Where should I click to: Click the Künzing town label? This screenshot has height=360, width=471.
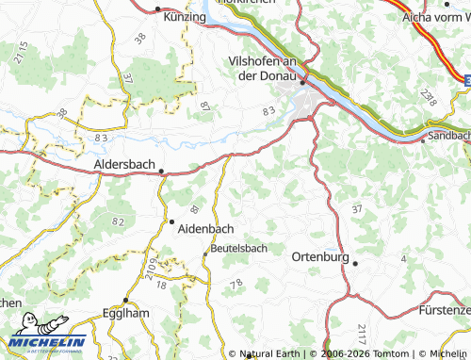click(x=184, y=17)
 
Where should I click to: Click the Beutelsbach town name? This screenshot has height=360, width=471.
click(x=239, y=248)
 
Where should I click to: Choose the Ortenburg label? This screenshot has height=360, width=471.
click(x=320, y=256)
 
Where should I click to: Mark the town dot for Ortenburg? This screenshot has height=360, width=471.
click(x=355, y=264)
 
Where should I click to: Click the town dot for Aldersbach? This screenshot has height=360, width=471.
click(x=161, y=172)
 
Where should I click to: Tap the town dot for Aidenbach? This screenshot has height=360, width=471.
click(x=171, y=221)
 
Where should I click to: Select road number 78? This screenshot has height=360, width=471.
click(x=236, y=283)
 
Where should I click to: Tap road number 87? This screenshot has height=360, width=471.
click(x=204, y=107)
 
